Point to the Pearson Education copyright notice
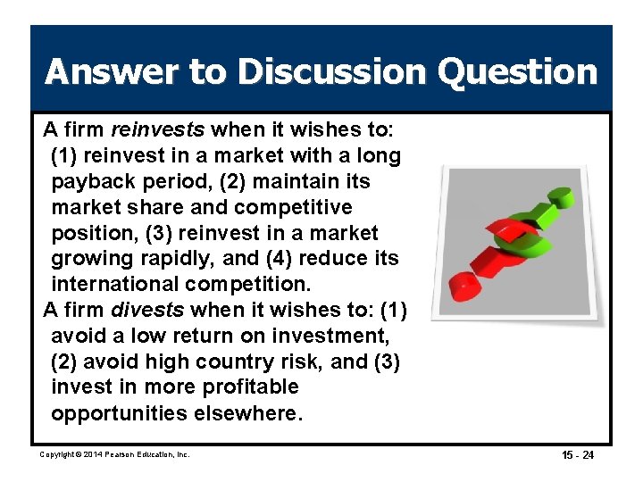coord(115,455)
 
